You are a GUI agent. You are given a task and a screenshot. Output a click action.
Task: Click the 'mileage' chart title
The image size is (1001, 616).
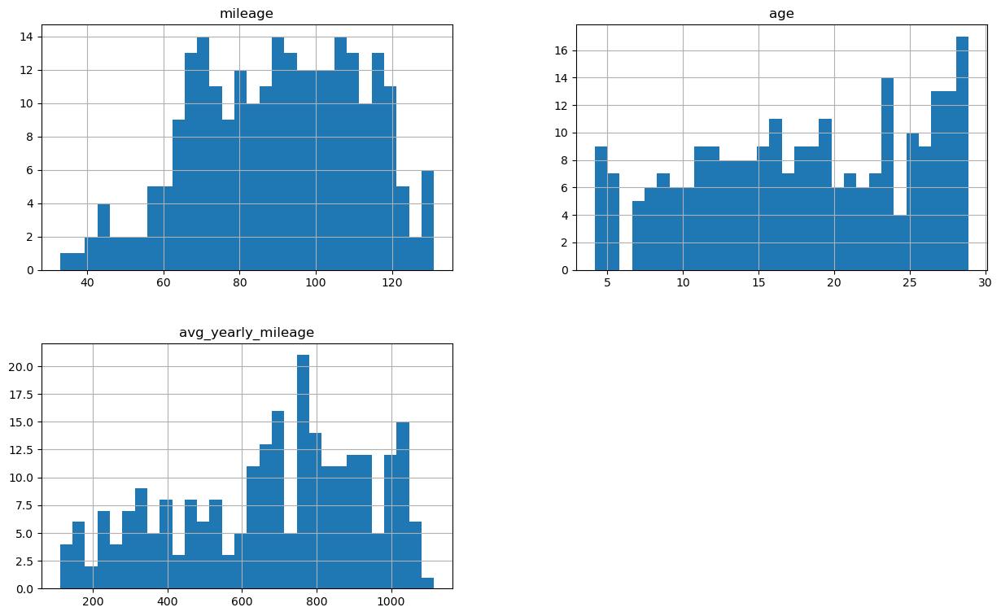[x=247, y=14]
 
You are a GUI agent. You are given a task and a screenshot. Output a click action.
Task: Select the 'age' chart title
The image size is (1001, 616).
[x=781, y=14]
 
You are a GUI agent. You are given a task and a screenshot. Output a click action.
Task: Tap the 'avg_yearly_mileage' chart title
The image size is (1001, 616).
[x=247, y=333]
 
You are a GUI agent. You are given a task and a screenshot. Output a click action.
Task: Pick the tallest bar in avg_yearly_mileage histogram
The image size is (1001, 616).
[x=303, y=472]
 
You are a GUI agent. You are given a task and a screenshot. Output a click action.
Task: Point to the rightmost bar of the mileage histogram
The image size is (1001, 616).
[x=427, y=220]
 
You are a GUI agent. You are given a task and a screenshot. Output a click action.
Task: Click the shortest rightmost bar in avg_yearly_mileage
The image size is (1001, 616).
[x=427, y=583]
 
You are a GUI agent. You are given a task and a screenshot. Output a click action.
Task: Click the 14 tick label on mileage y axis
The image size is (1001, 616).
[x=27, y=37]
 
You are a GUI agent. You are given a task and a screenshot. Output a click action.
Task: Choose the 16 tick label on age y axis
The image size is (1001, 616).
[x=562, y=50]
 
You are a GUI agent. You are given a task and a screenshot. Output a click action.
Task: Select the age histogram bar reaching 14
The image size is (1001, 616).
[x=887, y=174]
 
